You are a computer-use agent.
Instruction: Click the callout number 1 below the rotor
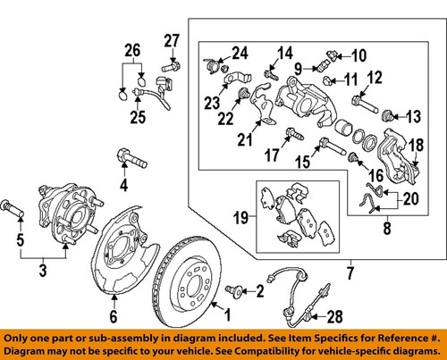228,314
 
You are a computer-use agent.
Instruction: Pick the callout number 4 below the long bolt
125,186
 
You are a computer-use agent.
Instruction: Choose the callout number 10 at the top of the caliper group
347,54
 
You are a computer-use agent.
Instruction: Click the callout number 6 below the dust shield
113,316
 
